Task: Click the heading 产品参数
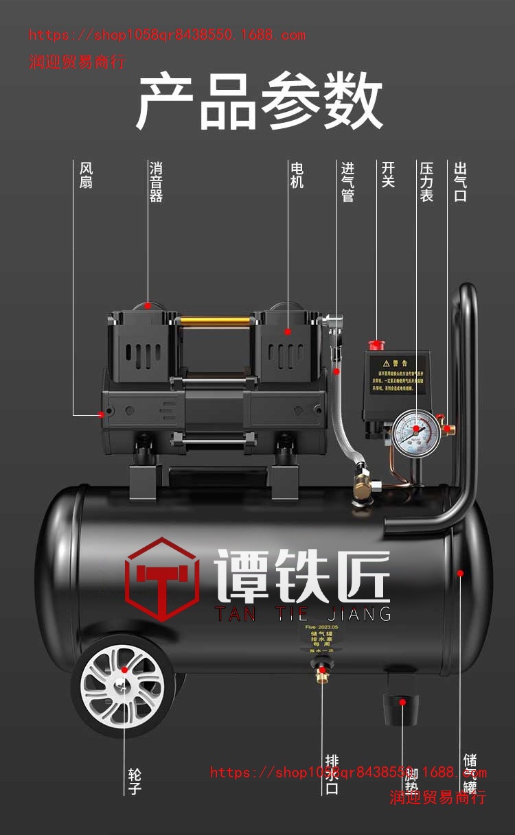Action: pos(259,102)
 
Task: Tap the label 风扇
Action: pos(86,176)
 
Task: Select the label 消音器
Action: pos(156,182)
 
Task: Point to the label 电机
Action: pos(297,176)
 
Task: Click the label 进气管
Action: pos(348,182)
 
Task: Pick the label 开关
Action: pos(388,176)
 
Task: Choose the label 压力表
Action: pos(426,182)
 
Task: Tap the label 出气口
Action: pos(460,182)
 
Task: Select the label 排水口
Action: pos(332,775)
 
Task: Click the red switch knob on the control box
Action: pos(377,344)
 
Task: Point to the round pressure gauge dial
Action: pos(415,430)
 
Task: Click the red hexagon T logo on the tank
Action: pos(162,580)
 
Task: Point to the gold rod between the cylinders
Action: pos(215,320)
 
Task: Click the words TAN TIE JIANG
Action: pos(304,613)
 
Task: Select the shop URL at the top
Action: pos(167,35)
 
